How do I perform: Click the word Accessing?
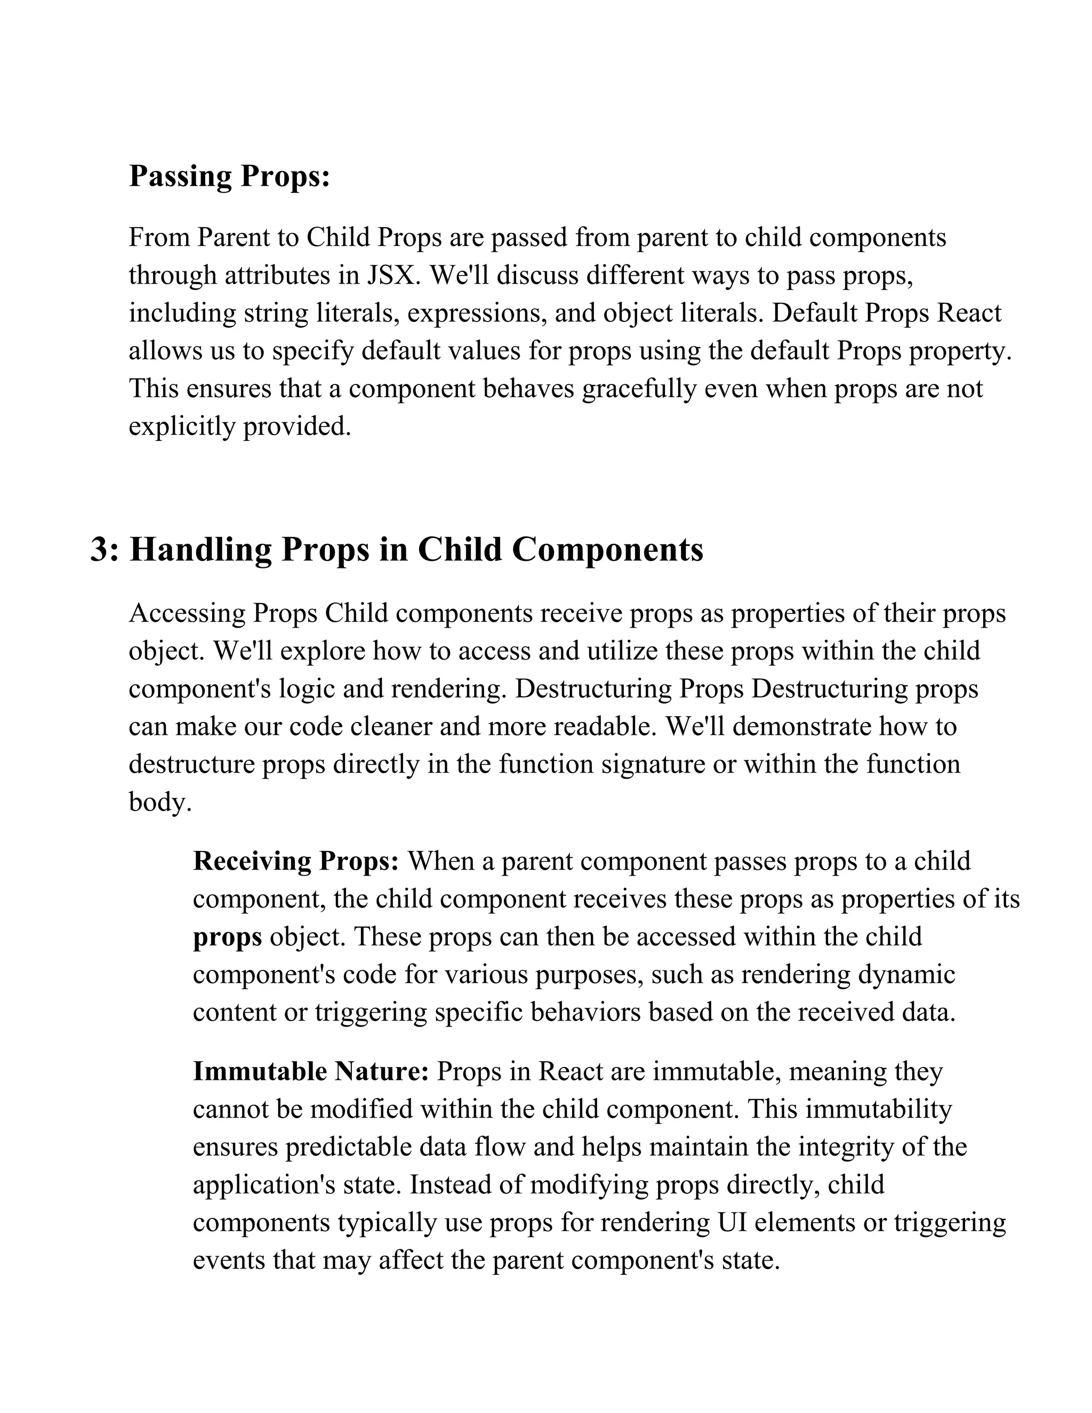pyautogui.click(x=187, y=613)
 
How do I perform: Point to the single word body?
pyautogui.click(x=160, y=802)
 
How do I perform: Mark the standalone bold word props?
pyautogui.click(x=227, y=937)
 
